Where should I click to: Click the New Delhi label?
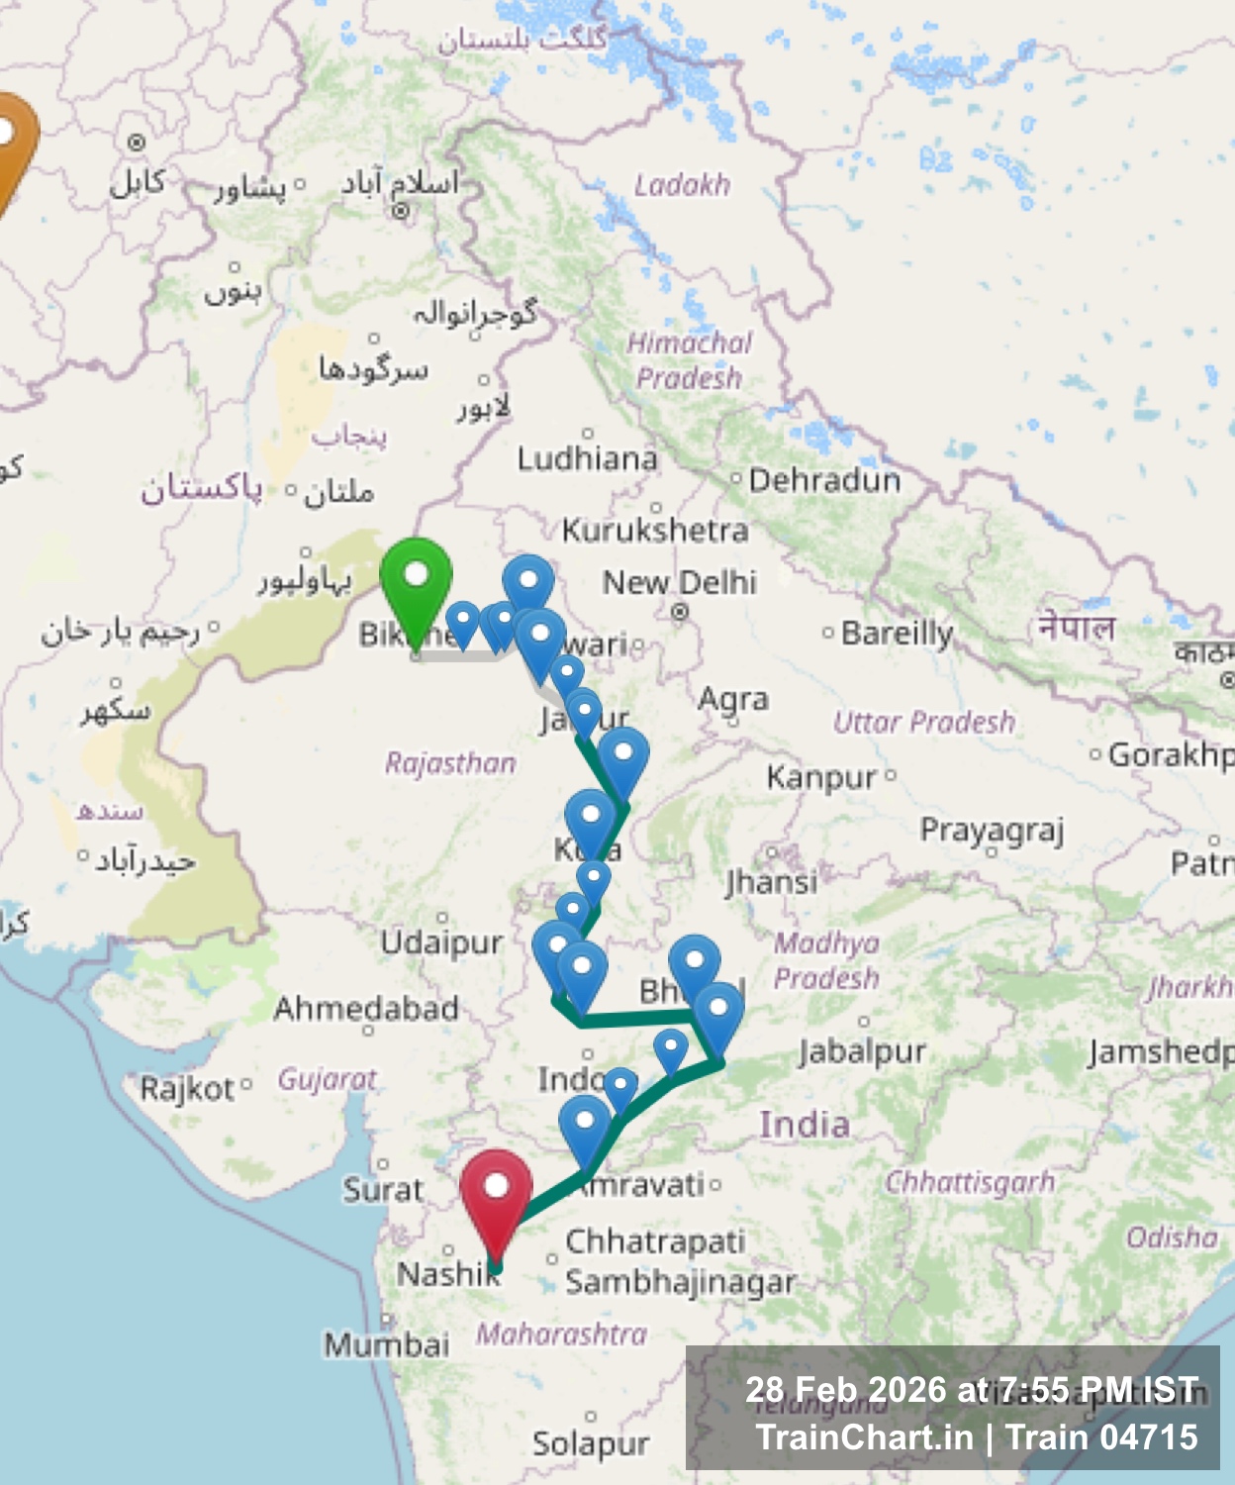coord(679,582)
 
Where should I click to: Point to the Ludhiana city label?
coord(587,458)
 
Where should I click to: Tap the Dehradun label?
coord(824,481)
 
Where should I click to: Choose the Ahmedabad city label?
coord(366,1009)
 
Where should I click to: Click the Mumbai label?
coord(387,1344)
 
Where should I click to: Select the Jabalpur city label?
coord(862,1051)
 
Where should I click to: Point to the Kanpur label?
coord(821,778)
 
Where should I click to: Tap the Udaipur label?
coord(441,942)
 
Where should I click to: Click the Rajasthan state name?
coord(450,763)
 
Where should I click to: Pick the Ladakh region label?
coord(682,185)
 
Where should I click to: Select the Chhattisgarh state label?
coord(970,1182)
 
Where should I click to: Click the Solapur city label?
coord(591,1444)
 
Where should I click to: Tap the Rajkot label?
coord(187,1089)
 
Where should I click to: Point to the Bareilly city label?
coord(897,634)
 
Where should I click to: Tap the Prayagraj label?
coord(992,830)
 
